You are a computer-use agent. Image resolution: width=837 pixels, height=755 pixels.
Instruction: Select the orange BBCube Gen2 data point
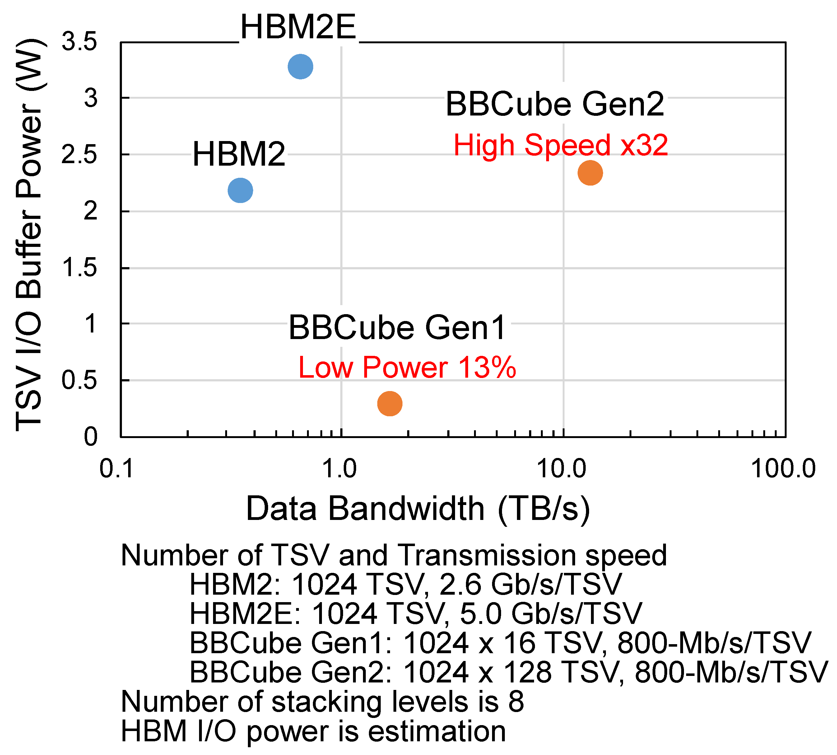590,172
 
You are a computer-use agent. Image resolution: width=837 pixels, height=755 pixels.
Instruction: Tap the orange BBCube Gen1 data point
389,403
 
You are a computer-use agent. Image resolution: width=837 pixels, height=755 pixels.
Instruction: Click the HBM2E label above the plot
298,27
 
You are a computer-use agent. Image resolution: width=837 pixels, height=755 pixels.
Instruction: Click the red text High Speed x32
560,145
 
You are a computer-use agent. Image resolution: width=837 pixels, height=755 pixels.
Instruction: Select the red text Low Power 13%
407,368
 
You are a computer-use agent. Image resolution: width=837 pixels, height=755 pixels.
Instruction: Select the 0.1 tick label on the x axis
116,469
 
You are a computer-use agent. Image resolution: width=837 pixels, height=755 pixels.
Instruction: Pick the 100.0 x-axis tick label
783,469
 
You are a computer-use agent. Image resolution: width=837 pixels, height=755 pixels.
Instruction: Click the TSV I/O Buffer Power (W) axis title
29,235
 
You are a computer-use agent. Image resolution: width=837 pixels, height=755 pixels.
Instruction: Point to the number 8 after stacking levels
516,701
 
